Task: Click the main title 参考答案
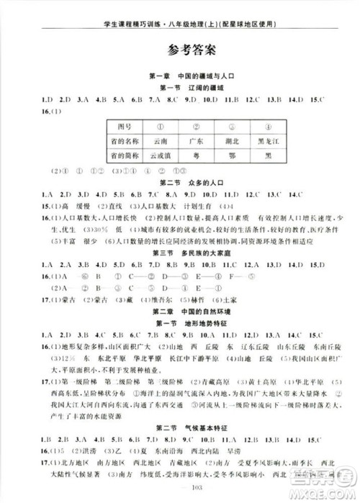point(180,52)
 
